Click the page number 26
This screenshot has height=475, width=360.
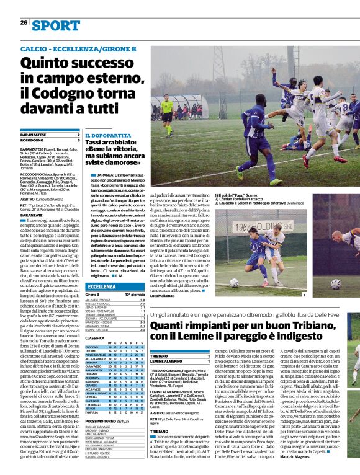(x=23, y=23)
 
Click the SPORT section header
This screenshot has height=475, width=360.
(x=56, y=25)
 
